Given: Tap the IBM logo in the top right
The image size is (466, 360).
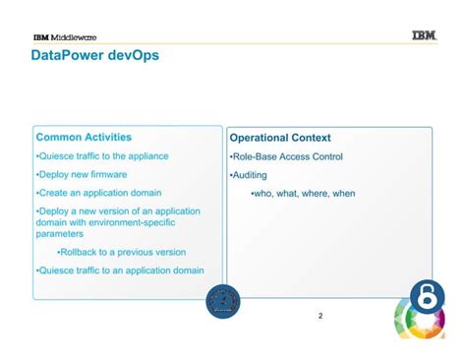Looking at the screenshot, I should (424, 36).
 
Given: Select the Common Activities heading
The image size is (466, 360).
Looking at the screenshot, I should (84, 137).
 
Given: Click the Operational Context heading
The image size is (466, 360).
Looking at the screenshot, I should (280, 138).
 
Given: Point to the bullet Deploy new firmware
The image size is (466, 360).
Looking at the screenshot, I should (82, 174).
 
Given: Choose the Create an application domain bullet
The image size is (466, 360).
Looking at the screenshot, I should (98, 193).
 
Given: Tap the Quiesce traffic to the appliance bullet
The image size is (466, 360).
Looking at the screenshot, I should (102, 155).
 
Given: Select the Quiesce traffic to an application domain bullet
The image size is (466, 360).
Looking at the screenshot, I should (120, 270).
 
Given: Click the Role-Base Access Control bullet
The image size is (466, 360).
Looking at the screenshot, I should (286, 156).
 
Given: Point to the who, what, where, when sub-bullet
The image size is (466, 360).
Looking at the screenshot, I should (304, 193).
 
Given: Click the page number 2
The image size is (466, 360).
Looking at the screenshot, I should (320, 316).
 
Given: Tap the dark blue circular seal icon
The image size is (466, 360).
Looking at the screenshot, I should (223, 302).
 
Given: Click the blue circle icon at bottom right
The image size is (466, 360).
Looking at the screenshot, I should (427, 297).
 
